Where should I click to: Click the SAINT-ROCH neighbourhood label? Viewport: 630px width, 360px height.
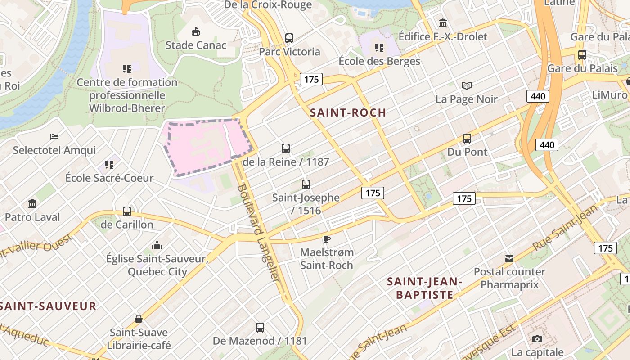(348, 113)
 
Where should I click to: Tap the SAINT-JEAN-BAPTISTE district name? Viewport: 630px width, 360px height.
(424, 288)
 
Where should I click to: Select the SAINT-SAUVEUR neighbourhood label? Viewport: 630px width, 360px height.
(48, 306)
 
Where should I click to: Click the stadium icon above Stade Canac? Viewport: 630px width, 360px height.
(196, 32)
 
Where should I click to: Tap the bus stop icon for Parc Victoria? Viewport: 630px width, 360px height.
(289, 38)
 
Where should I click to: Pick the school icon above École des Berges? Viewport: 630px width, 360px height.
(379, 47)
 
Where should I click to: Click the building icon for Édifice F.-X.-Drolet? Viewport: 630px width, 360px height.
(443, 23)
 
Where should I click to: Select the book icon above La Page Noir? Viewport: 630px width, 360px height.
(467, 85)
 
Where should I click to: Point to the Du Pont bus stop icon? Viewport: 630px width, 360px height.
(467, 139)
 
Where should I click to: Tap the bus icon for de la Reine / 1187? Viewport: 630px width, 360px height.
(286, 148)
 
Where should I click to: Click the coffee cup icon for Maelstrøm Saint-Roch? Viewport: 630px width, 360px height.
(327, 239)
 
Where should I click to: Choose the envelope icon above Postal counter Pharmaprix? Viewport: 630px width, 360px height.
(509, 259)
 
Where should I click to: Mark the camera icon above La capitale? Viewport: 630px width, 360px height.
(537, 339)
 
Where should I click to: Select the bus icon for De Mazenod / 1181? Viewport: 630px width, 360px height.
(260, 328)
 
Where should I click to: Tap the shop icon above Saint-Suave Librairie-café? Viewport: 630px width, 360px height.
(139, 319)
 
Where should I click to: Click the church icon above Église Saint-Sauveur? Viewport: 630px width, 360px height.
(157, 245)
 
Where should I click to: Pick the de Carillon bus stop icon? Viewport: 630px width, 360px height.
(127, 211)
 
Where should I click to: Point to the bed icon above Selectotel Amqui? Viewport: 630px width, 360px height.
(54, 136)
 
